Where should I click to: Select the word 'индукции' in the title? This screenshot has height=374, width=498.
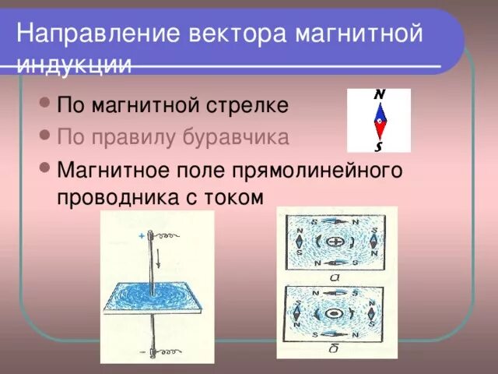[74, 65]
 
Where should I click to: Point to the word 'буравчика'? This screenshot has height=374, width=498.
[237, 138]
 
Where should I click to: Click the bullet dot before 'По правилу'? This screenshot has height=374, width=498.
[44, 136]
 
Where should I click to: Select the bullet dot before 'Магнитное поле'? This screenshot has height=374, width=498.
[44, 168]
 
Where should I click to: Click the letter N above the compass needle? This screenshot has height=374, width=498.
[379, 95]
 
